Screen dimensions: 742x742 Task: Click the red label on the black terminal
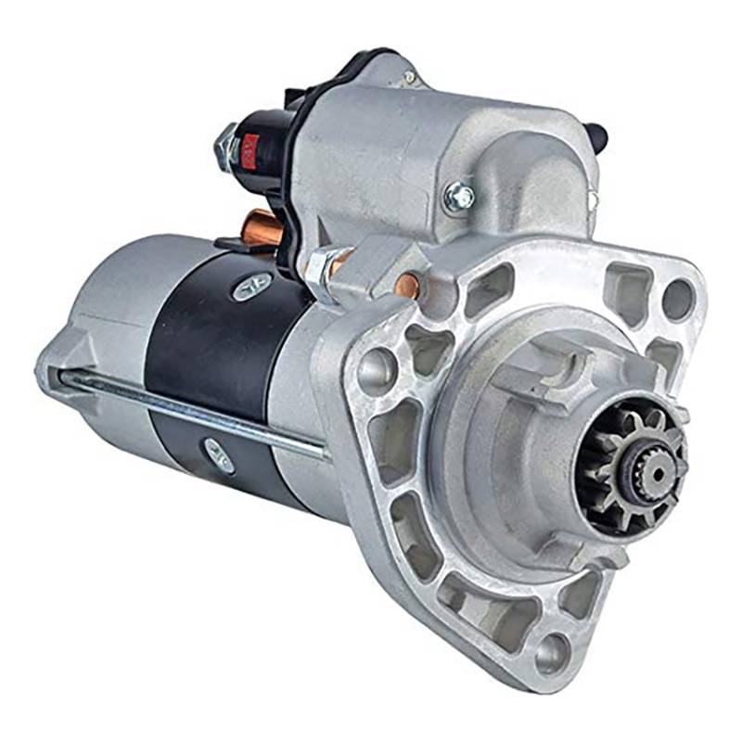click(249, 150)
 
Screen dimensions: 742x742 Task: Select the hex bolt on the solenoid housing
click(458, 196)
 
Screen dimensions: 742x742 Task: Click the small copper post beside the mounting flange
click(406, 285)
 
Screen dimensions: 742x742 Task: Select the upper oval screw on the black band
click(251, 287)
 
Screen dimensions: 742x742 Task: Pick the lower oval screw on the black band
click(220, 456)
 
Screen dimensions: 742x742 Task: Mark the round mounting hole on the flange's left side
click(377, 371)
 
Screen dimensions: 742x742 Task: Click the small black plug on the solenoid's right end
click(599, 137)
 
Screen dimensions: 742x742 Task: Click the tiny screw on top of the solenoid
click(408, 76)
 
